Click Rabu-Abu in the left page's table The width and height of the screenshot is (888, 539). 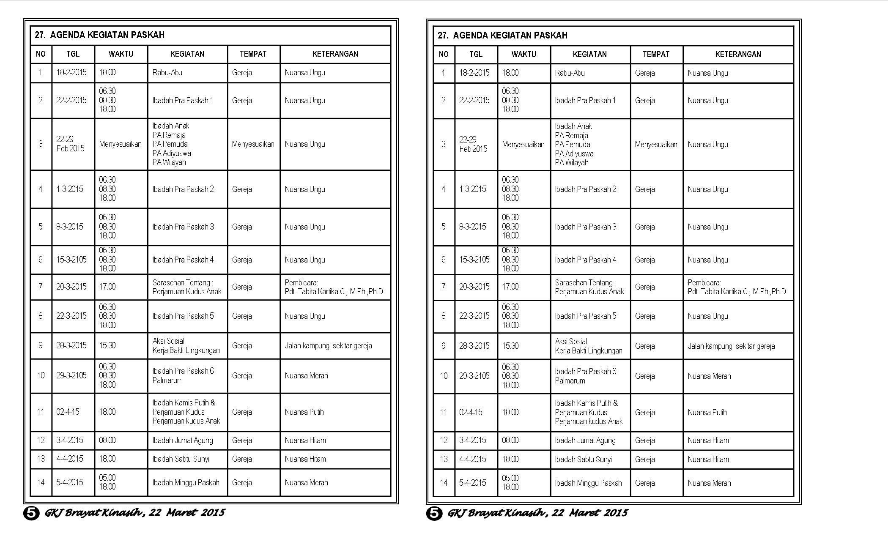pos(167,73)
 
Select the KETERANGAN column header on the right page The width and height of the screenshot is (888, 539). pos(738,54)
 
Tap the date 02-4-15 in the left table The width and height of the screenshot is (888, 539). pos(68,412)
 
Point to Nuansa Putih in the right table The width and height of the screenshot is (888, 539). pos(707,412)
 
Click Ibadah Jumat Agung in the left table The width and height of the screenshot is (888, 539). pos(183,440)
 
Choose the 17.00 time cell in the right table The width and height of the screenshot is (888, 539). pos(510,287)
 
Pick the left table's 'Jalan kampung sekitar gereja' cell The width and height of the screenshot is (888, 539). pos(328,346)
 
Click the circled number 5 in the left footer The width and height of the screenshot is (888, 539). pos(31,513)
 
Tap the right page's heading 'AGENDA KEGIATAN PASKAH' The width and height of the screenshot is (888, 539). pos(510,35)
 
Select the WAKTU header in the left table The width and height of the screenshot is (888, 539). pos(121,54)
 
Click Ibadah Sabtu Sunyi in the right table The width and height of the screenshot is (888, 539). pos(584,459)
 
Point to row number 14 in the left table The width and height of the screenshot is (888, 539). pos(41,482)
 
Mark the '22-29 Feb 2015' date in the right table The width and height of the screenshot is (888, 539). pos(473,144)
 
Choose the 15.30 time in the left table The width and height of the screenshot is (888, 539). pos(107,345)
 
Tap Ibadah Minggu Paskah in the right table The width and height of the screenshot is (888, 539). pos(588,483)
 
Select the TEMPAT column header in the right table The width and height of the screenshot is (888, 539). pos(656,54)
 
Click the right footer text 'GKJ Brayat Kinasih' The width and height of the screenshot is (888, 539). pos(496,513)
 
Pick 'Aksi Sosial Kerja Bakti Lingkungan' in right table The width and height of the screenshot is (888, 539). pos(589,346)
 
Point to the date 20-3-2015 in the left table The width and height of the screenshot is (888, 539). pos(71,287)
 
